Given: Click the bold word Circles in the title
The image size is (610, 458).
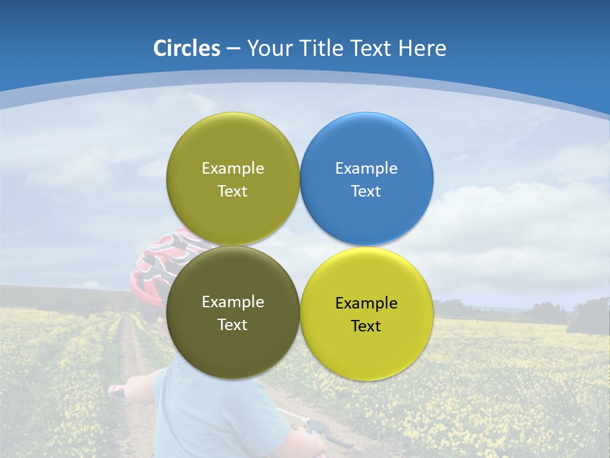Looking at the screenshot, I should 187,48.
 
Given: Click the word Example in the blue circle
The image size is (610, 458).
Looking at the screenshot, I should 367,169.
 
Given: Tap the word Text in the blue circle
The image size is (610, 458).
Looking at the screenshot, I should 366,191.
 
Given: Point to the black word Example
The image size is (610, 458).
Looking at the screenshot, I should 367,303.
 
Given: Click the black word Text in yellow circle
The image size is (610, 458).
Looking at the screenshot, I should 366,326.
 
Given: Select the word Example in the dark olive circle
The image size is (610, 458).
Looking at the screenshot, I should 233,302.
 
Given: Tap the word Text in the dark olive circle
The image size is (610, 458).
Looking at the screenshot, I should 233,325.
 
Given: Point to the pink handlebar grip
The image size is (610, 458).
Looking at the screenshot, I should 116,391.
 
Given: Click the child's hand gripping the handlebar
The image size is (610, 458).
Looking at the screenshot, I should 308,442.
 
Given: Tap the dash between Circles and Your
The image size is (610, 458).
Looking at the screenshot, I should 233,48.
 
